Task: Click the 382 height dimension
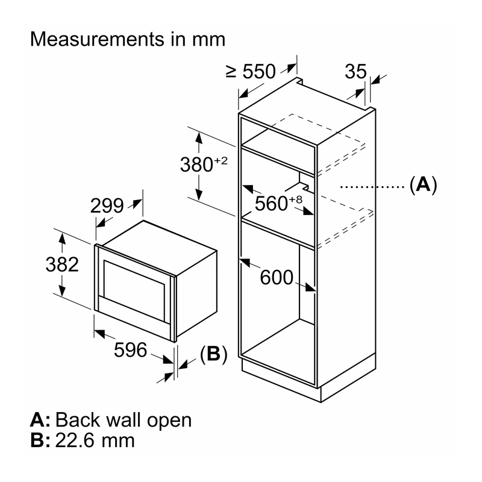[62, 264]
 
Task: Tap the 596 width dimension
[130, 350]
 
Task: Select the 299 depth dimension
[107, 205]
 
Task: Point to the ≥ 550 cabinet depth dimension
[251, 71]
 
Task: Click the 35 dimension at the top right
[355, 72]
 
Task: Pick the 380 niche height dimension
[196, 164]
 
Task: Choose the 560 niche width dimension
[271, 203]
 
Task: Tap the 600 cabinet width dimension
[277, 277]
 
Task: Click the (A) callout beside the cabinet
[424, 185]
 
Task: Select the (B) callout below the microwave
[214, 354]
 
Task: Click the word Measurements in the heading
[97, 39]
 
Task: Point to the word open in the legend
[169, 421]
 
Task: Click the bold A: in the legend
[40, 419]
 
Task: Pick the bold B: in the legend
[40, 440]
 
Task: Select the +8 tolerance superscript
[295, 199]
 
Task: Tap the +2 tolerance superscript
[221, 161]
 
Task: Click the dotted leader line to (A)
[372, 187]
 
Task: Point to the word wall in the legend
[122, 419]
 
